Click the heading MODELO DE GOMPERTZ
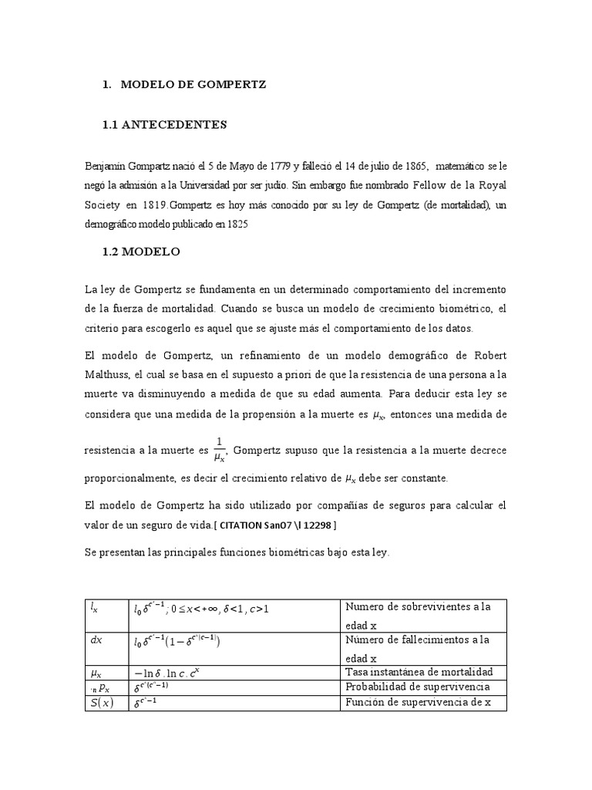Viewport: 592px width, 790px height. pyautogui.click(x=193, y=85)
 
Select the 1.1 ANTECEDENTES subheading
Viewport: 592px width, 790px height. pyautogui.click(x=165, y=124)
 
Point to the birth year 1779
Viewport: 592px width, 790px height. pyautogui.click(x=279, y=166)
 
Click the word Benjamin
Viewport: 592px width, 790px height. pyautogui.click(x=106, y=166)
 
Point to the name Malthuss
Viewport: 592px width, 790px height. pyautogui.click(x=111, y=373)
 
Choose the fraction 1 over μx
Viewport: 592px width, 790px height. pyautogui.click(x=219, y=448)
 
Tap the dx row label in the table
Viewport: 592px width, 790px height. pyautogui.click(x=96, y=639)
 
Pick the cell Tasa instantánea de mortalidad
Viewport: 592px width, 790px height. pyautogui.click(x=419, y=672)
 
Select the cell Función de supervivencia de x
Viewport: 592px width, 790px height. pyautogui.click(x=417, y=702)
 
